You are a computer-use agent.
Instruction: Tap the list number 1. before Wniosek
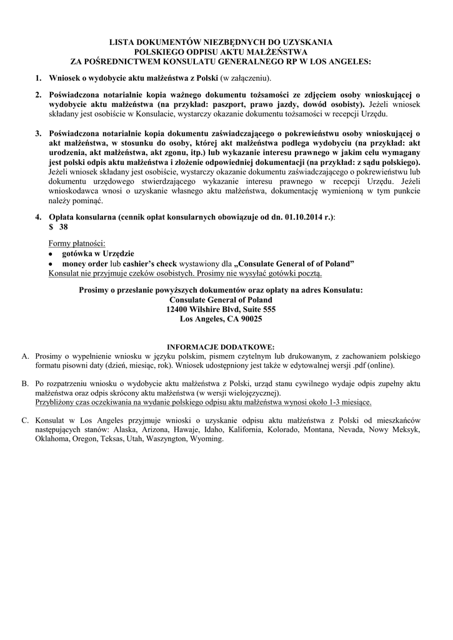[37, 78]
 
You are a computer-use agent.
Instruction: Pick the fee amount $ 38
[57, 227]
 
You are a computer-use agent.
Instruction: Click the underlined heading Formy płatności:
[77, 242]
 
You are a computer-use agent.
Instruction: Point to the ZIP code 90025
[249, 319]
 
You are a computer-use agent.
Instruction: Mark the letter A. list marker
[26, 356]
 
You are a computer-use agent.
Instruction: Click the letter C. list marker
[26, 421]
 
